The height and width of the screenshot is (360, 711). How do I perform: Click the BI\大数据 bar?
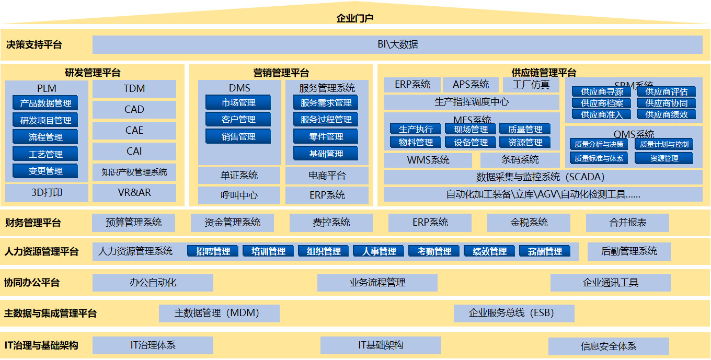pos(397,44)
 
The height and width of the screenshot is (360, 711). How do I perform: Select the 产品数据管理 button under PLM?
pos(45,103)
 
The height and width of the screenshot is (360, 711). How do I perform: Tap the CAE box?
pos(134,130)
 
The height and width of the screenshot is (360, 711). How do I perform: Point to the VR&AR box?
pos(134,192)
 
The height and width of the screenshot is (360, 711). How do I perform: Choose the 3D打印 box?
pos(47,192)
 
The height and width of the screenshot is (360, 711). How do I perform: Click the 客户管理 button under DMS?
pos(238,120)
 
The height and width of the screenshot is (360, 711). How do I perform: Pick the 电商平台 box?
pos(327,176)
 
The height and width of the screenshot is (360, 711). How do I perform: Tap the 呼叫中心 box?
pos(239,195)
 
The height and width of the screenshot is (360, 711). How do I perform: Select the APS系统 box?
pos(471,85)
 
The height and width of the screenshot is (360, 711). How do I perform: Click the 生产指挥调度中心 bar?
pos(472,102)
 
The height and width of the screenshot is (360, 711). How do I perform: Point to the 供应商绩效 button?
pos(666,114)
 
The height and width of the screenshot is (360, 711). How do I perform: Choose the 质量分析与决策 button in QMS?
pos(599,144)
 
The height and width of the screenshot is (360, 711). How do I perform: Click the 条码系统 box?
pos(520,160)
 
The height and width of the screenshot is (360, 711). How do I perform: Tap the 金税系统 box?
pos(529,223)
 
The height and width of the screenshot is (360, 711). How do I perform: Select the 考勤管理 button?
pos(434,251)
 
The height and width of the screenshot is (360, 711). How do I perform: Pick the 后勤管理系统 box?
pos(629,251)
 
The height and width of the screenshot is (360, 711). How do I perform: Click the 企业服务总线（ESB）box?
pos(514,313)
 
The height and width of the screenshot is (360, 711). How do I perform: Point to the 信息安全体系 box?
pos(609,346)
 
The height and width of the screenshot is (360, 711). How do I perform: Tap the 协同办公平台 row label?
pos(32,283)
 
